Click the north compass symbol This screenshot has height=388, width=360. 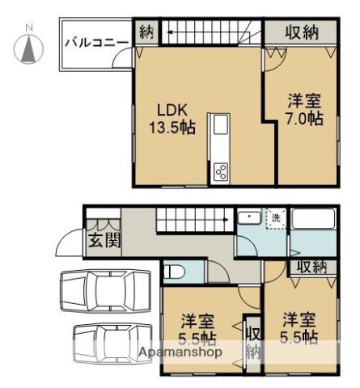[x=29, y=47]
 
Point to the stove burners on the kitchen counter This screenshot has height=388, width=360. [x=221, y=171]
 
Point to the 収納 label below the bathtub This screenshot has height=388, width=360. [x=312, y=267]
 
